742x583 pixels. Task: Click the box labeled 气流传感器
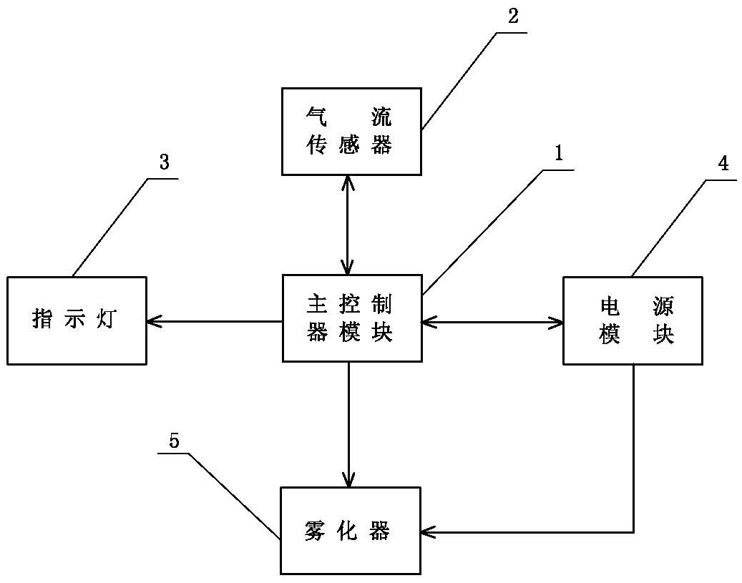pos(351,132)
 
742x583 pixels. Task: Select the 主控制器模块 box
pos(351,318)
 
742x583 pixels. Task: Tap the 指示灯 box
pos(77,320)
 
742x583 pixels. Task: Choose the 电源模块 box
pos(633,320)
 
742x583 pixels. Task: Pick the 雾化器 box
pos(349,531)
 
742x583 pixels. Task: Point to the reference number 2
pos(512,17)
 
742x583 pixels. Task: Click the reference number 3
pos(164,162)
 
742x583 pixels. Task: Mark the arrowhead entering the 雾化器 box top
pos(348,480)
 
